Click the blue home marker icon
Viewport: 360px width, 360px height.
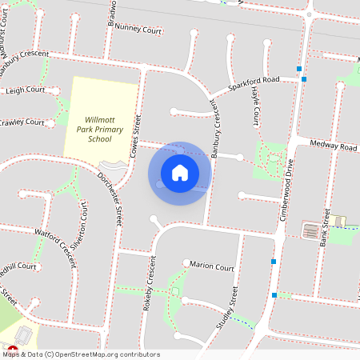pos(180,173)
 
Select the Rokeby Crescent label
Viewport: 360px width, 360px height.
pos(150,284)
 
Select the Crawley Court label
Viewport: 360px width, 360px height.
pos(22,122)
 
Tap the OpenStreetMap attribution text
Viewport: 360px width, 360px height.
pos(80,354)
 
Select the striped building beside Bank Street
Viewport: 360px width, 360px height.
pos(309,230)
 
